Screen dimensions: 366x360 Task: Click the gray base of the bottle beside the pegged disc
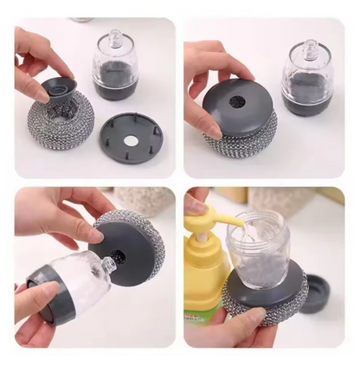[x=113, y=87]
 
